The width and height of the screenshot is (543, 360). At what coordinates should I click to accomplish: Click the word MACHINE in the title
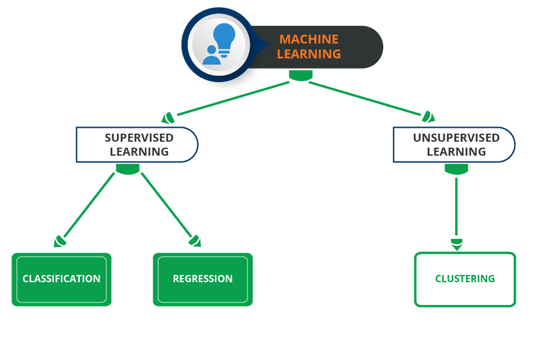point(308,39)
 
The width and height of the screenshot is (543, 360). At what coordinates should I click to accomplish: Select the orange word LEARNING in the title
point(308,54)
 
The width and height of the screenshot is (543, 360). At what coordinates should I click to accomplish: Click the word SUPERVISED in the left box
point(139,137)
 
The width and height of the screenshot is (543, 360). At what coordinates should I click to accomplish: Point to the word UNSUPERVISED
point(456,137)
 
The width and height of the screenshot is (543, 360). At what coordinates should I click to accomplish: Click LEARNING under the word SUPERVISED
point(139,151)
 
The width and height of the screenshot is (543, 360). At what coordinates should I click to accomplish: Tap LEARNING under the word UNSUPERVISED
point(456,151)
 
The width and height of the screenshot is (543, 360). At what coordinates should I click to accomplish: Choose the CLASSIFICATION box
point(62,279)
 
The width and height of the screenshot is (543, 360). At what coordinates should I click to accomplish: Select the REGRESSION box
point(203,279)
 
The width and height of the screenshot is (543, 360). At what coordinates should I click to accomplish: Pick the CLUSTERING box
point(465,279)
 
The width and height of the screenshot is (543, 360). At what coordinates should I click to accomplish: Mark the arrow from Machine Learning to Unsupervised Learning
point(368,98)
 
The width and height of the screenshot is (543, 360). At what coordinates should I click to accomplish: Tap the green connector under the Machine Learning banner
point(300,75)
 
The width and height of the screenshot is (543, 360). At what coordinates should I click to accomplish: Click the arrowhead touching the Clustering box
point(457,244)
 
